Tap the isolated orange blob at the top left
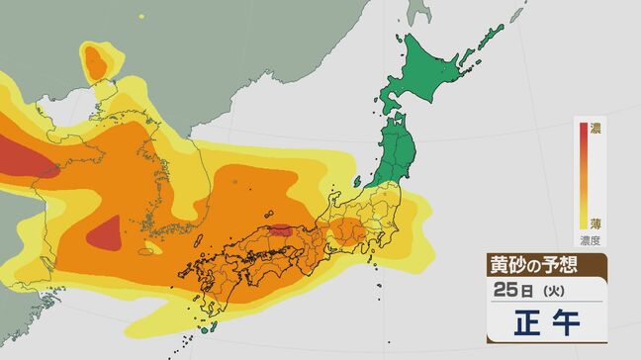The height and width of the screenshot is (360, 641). pos(97,62)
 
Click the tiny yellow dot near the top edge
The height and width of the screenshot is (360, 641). pos(141,17)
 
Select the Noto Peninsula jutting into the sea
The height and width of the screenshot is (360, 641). pos(335,197)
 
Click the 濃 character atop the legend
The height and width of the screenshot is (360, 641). pos(595,128)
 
